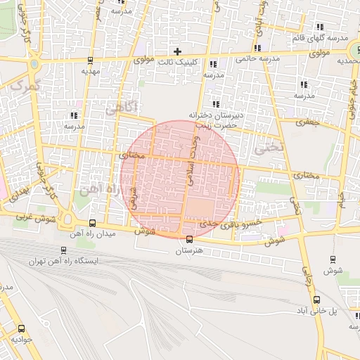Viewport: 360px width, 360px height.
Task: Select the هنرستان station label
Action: [x=189, y=250]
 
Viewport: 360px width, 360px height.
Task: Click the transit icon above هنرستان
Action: [x=189, y=240]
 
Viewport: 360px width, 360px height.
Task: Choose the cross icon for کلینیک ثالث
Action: [x=177, y=51]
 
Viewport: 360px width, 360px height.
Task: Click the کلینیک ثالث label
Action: [x=177, y=61]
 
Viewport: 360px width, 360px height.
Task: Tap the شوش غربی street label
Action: [x=30, y=219]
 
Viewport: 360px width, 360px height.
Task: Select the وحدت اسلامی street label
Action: [x=189, y=158]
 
